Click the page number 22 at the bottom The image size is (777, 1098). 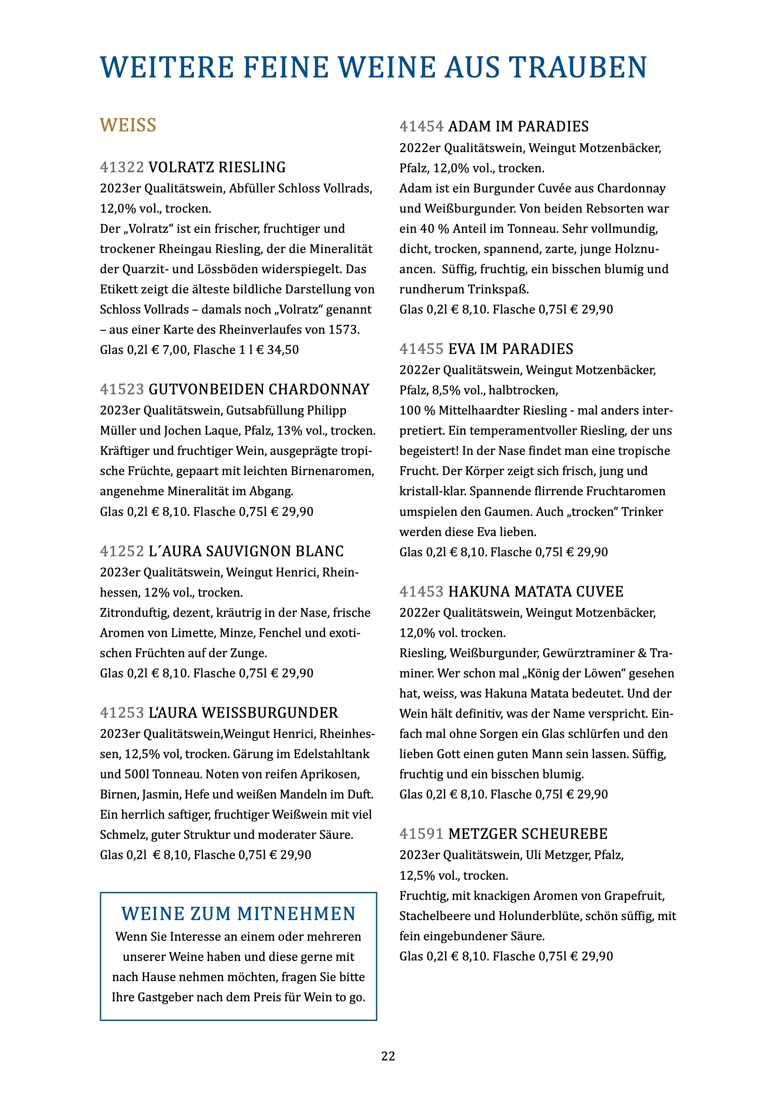click(x=388, y=1056)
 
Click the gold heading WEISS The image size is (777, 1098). click(x=128, y=125)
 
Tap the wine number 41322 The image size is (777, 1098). click(x=122, y=168)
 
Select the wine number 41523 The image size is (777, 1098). click(x=122, y=389)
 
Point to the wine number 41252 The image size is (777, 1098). click(x=122, y=552)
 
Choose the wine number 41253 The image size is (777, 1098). click(x=122, y=713)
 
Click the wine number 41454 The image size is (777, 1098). click(x=421, y=127)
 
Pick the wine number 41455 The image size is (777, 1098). click(x=421, y=349)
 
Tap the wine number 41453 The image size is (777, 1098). click(x=421, y=592)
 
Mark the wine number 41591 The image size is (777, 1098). click(x=421, y=834)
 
